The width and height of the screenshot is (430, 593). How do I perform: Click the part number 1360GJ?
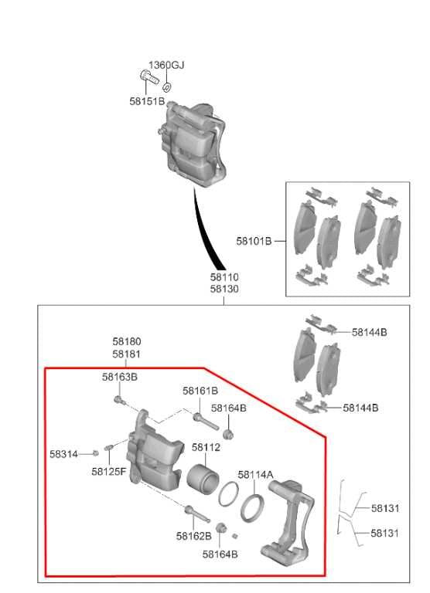166,65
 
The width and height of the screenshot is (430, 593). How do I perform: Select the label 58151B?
147,101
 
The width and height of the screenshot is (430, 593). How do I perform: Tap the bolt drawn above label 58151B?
147,76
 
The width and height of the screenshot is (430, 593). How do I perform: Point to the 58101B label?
254,241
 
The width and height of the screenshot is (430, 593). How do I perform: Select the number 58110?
224,276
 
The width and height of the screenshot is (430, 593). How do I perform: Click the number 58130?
224,289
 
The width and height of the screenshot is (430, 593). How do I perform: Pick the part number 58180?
126,341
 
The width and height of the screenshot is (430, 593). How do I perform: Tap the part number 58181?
126,354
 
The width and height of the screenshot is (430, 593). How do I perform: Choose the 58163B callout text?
120,377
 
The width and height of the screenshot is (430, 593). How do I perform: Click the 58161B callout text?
200,391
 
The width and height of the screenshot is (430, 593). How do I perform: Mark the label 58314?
63,454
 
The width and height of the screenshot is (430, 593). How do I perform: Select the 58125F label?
108,471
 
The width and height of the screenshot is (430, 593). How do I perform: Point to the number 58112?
206,447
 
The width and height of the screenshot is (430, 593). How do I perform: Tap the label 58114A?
255,475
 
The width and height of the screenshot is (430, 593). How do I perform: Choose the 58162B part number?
193,535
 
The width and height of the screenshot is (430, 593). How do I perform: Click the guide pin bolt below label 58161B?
203,419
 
